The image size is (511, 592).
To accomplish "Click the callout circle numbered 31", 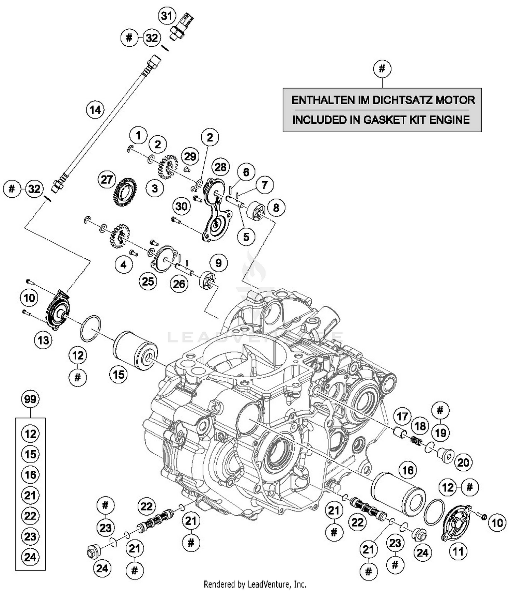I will tap(167, 16).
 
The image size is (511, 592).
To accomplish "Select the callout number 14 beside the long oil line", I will tap(95, 110).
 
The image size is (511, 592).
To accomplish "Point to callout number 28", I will tap(220, 167).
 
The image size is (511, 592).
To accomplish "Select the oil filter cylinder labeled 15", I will tap(135, 350).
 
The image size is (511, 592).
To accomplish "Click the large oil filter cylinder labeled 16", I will tap(398, 493).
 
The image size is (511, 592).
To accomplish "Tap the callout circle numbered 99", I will tap(30, 399).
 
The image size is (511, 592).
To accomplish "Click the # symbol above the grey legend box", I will tap(382, 69).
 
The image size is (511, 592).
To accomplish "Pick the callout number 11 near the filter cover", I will tap(458, 551).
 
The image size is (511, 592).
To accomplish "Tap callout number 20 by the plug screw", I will tap(463, 462).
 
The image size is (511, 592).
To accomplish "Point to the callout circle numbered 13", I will tap(43, 340).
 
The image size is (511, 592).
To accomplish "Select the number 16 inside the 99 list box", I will tap(30, 474).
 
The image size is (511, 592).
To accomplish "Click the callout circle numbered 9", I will tap(218, 263).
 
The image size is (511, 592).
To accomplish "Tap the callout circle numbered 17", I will tap(402, 416).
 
